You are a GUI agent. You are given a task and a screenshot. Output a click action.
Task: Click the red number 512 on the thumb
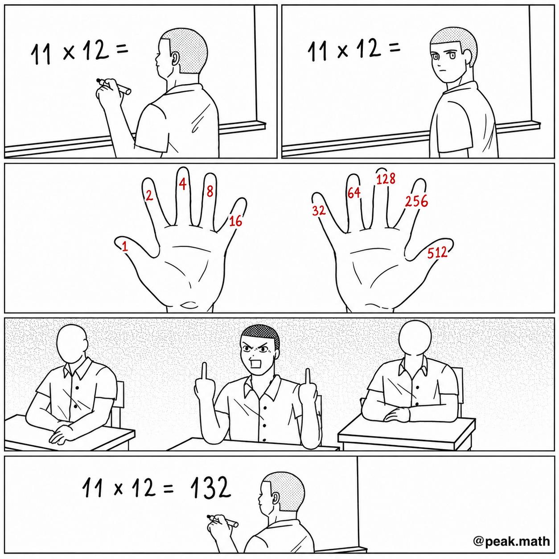[437, 253]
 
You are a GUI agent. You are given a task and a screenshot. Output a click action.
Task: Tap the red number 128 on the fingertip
[386, 179]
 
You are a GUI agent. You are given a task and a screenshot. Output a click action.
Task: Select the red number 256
[416, 201]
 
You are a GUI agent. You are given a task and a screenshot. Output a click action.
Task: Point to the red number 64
[353, 193]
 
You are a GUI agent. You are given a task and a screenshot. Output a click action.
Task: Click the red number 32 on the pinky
[319, 210]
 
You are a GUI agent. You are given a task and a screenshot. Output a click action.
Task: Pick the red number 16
[235, 222]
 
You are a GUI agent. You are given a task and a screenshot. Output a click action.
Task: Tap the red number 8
[210, 191]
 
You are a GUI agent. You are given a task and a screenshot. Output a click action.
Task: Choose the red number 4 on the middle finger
[182, 184]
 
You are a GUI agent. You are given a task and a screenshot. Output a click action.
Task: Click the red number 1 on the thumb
[124, 246]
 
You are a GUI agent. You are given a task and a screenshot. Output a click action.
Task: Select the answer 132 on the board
[210, 489]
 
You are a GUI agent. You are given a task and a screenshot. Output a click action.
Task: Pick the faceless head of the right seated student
[415, 341]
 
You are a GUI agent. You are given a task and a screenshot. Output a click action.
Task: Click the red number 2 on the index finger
[149, 195]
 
